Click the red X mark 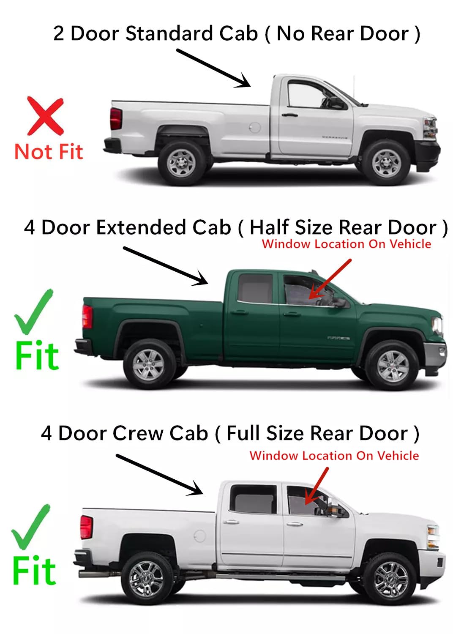(45, 115)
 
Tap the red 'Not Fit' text (49, 152)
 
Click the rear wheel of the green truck (148, 364)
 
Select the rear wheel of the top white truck (181, 162)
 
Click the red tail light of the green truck (87, 317)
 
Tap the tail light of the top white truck (116, 119)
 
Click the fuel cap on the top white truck (254, 127)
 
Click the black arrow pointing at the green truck (165, 266)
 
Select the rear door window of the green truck (255, 288)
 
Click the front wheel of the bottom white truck (390, 579)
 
